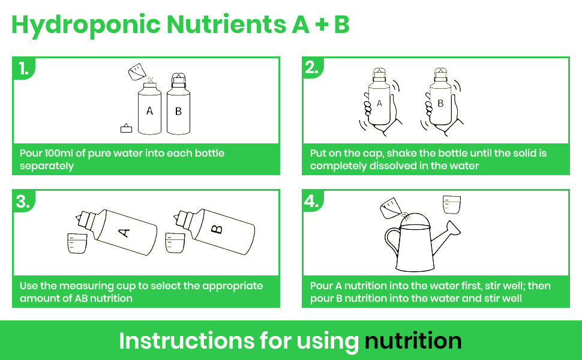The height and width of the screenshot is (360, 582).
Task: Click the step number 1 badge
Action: [x=23, y=68]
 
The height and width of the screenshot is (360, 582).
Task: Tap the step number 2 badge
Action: [x=312, y=68]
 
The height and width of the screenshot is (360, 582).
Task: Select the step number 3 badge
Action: [x=23, y=201]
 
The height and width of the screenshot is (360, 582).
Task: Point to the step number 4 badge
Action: [x=312, y=201]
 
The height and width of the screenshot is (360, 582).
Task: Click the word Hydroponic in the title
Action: [x=86, y=25]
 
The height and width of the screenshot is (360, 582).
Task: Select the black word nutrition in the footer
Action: [x=413, y=340]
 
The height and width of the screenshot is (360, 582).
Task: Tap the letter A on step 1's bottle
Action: [x=149, y=110]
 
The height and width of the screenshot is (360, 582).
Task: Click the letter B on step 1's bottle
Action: [x=178, y=111]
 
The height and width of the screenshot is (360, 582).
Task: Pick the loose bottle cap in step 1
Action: [x=126, y=128]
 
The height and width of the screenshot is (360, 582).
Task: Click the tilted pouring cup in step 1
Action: [x=137, y=71]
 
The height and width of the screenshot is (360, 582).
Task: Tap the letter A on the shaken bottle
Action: [x=379, y=103]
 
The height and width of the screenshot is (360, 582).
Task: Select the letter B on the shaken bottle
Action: [x=440, y=103]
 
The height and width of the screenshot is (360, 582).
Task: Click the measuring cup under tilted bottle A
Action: [x=77, y=244]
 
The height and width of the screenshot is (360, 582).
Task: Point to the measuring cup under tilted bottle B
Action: [x=175, y=243]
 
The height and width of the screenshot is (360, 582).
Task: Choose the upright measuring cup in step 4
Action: [x=452, y=205]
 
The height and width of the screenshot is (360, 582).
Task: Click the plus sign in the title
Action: [x=322, y=25]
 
